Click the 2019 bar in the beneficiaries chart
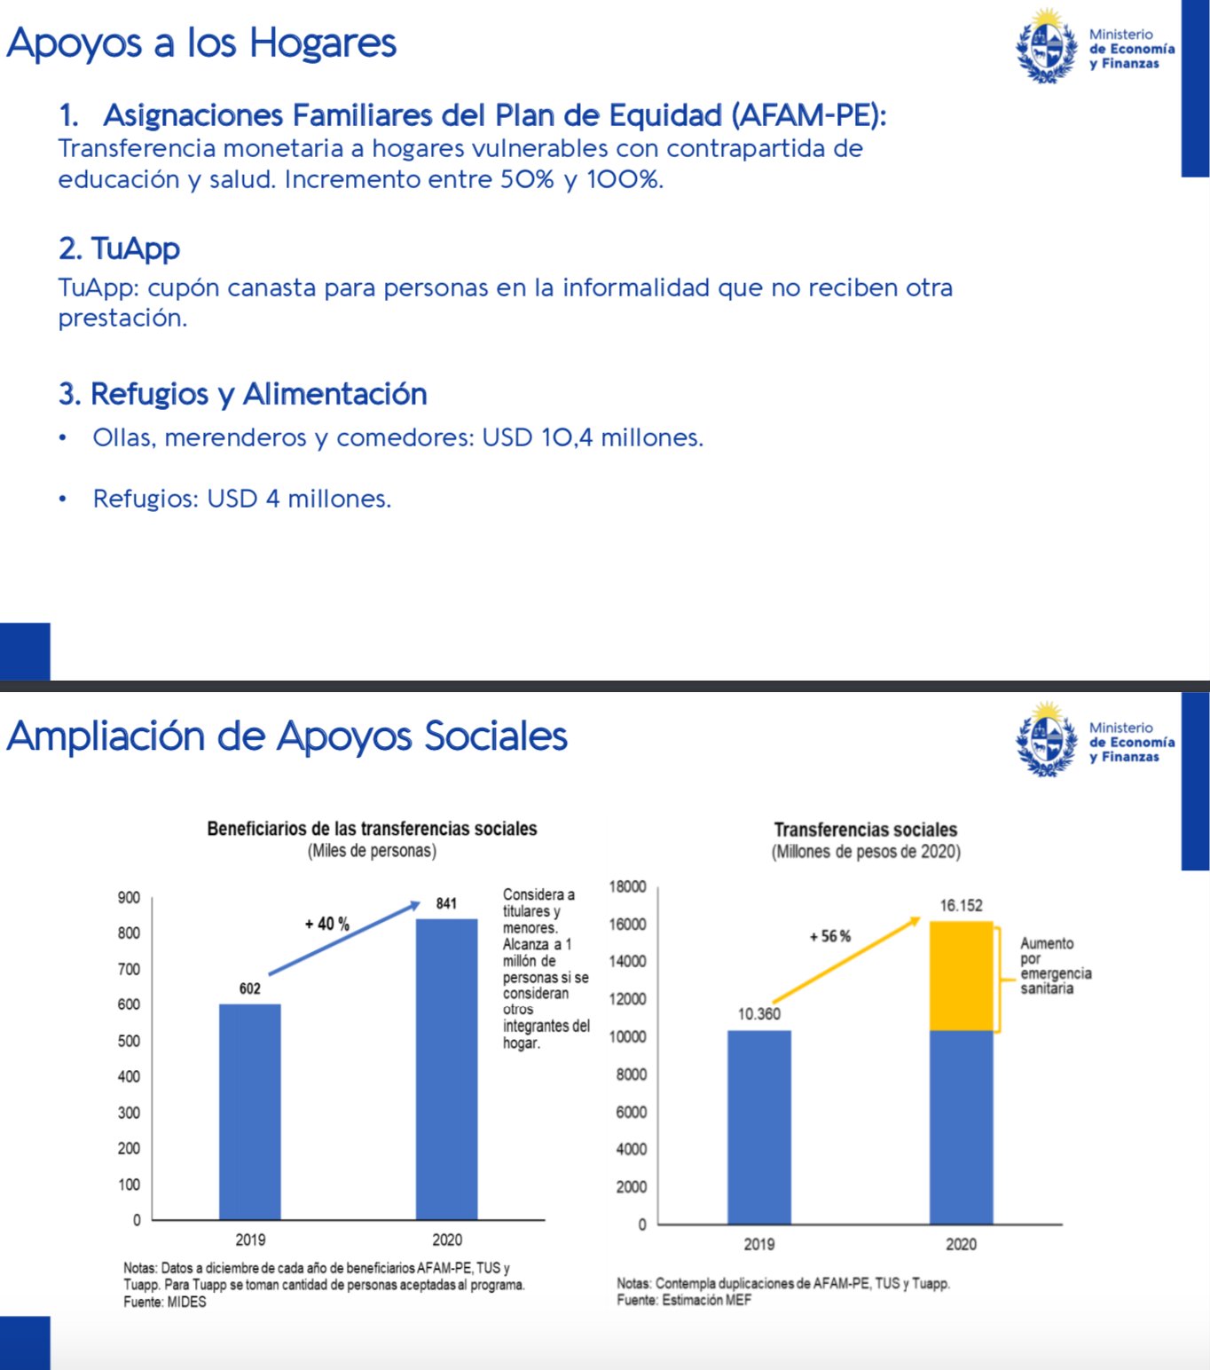[x=250, y=1111]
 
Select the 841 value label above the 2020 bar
[x=446, y=903]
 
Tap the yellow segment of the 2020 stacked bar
[x=961, y=975]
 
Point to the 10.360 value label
[x=759, y=1013]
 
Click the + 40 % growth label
[x=327, y=924]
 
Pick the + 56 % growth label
[x=830, y=936]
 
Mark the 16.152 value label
[x=962, y=905]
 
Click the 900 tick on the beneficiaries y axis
[x=129, y=897]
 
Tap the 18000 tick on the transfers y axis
[x=627, y=886]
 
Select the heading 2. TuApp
[x=120, y=248]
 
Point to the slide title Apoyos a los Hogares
[x=201, y=43]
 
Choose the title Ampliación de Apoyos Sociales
[x=287, y=736]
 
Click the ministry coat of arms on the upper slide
[x=1047, y=47]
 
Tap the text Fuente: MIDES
[x=165, y=1302]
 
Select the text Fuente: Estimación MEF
[x=684, y=1300]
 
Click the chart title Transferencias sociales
[x=866, y=830]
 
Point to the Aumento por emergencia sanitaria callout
[x=1055, y=965]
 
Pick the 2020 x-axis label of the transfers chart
[x=961, y=1244]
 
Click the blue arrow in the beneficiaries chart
[x=344, y=939]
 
